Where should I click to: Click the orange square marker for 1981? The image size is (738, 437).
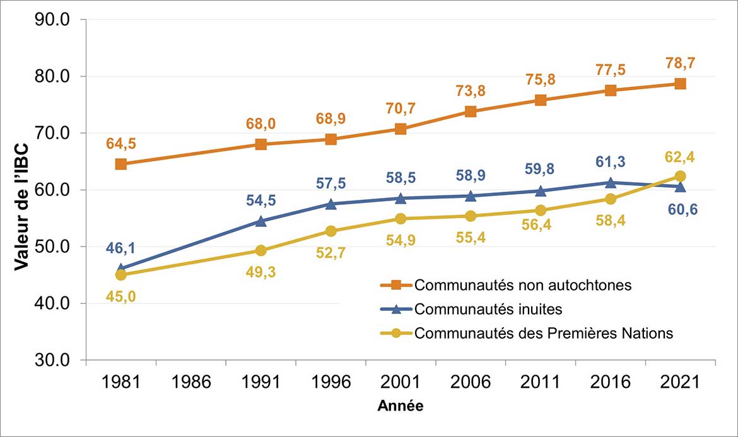click(x=120, y=164)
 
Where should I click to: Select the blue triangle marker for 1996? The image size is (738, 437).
click(x=331, y=204)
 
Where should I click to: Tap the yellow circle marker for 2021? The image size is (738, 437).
click(x=680, y=176)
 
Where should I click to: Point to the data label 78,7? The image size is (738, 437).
click(x=680, y=64)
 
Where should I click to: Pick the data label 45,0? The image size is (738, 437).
click(x=120, y=295)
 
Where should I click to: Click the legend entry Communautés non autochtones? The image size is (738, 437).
click(x=523, y=285)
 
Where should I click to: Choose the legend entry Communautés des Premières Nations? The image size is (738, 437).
click(x=544, y=333)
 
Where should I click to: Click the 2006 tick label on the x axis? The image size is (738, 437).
click(x=471, y=383)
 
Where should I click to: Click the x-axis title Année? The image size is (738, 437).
click(x=401, y=406)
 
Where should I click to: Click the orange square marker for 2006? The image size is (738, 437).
click(x=471, y=112)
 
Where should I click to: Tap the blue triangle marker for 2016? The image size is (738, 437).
click(x=611, y=182)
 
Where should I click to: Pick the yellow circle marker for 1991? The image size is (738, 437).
click(x=261, y=250)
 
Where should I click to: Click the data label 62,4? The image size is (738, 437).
click(x=680, y=156)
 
